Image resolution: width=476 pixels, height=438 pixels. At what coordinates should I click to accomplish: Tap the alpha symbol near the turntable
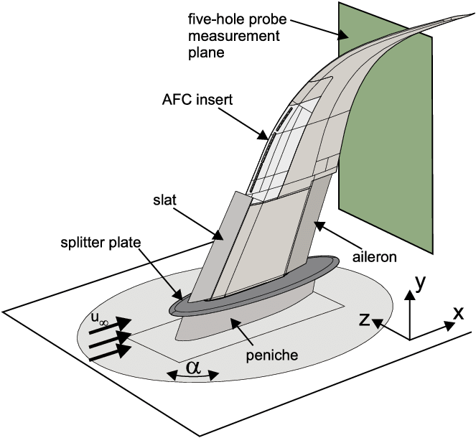click(x=192, y=367)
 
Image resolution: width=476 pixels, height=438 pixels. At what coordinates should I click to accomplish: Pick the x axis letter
click(x=458, y=312)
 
